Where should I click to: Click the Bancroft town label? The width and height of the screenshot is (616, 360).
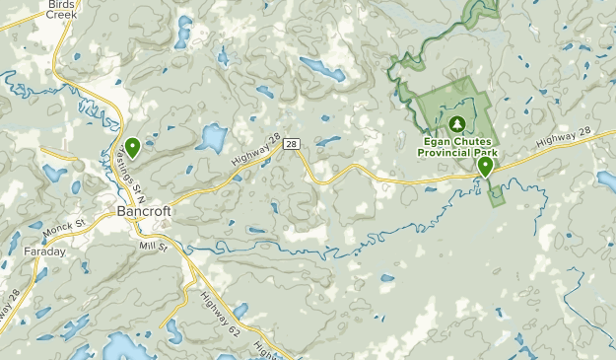point(144,211)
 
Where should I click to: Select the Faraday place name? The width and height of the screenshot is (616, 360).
point(44,252)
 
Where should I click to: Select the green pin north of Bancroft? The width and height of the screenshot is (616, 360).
point(132,147)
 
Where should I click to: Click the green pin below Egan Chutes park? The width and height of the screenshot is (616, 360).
point(485,167)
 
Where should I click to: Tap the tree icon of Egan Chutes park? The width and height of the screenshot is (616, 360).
point(456,124)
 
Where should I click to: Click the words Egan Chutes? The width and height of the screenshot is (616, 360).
point(456,141)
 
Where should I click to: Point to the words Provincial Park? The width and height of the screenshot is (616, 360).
point(456,153)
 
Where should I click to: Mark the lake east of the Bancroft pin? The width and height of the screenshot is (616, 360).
point(211,135)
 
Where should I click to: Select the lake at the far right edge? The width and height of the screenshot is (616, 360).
point(605,180)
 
